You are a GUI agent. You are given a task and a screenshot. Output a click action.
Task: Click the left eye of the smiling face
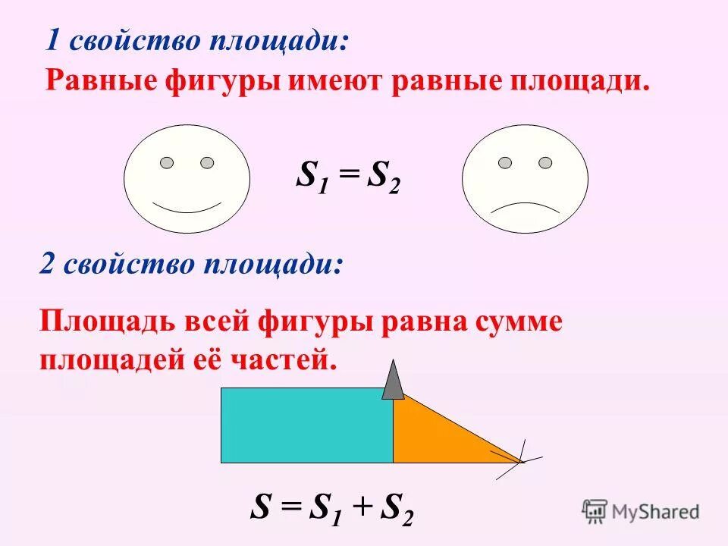tap(167, 162)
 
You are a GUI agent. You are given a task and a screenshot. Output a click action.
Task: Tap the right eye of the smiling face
tap(207, 162)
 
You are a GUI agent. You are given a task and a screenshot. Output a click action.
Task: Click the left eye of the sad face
tap(505, 162)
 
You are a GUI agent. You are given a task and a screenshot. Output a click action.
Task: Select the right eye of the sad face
tap(545, 162)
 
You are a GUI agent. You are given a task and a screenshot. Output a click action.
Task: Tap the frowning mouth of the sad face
tap(525, 207)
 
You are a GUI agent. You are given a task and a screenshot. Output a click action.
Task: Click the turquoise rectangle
tap(306, 425)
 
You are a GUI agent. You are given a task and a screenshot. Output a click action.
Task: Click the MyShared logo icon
tap(595, 511)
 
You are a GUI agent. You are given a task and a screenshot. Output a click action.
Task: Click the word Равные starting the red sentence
tap(102, 80)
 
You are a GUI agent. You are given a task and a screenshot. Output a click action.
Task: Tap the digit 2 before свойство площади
tap(47, 265)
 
